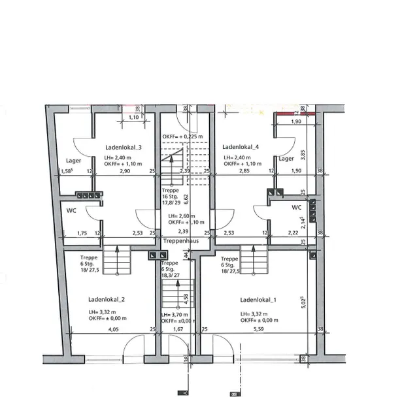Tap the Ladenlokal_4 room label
(x=241, y=147)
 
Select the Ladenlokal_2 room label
(x=106, y=300)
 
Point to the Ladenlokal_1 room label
(x=258, y=300)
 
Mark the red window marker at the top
(x=295, y=113)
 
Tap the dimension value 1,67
(x=178, y=330)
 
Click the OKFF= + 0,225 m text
(x=183, y=136)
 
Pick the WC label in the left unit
(x=72, y=210)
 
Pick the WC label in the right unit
(x=297, y=207)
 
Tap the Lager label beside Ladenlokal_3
(x=73, y=160)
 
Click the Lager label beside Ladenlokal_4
(x=286, y=158)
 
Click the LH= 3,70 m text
(x=175, y=314)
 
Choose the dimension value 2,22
(x=292, y=232)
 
